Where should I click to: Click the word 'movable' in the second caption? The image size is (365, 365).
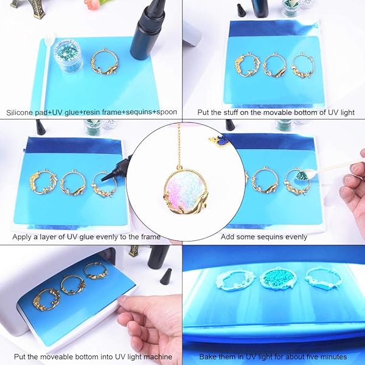(258, 113)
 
